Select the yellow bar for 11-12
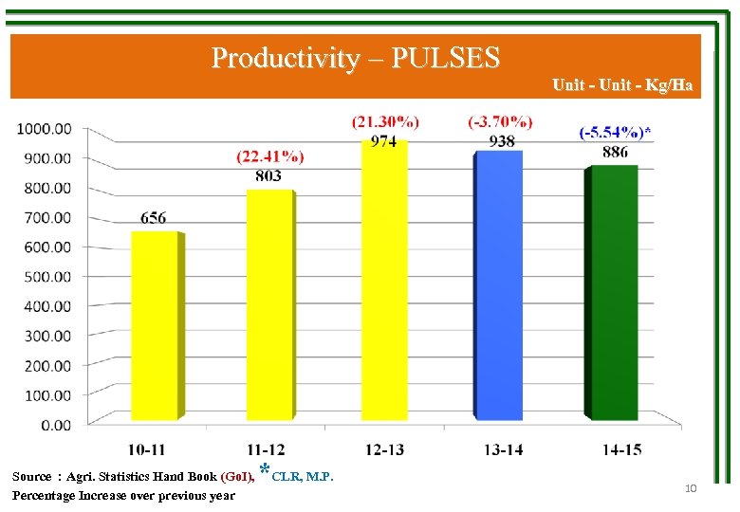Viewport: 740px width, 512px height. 269,303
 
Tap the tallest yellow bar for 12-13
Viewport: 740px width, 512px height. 383,280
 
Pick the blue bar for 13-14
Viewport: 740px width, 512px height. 498,284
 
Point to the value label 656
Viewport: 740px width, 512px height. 154,218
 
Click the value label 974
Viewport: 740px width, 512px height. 383,141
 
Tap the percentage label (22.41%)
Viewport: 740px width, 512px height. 270,156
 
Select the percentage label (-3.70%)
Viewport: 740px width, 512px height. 500,121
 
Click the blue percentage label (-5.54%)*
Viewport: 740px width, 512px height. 615,132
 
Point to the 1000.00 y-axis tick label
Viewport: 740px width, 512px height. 45,129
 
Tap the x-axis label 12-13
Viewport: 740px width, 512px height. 383,449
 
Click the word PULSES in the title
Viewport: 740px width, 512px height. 445,59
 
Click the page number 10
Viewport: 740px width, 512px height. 690,488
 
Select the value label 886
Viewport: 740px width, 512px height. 614,153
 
